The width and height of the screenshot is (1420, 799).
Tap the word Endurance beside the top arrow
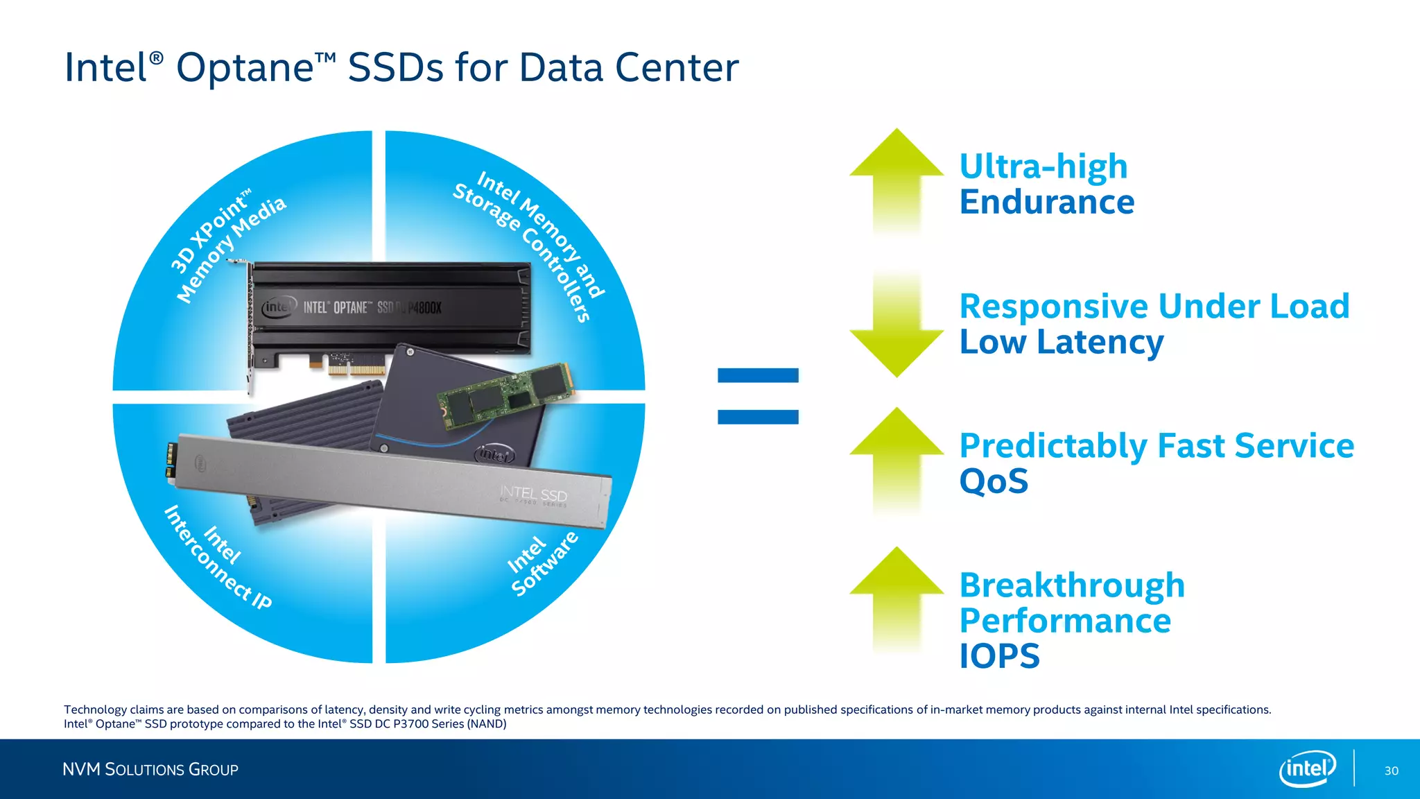coord(1046,202)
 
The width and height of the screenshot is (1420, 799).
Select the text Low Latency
coord(1061,342)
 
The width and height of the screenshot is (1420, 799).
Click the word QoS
coord(994,481)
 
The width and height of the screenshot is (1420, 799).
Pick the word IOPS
coord(999,656)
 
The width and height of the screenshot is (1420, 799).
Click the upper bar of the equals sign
coord(758,375)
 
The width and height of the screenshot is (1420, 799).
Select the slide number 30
coord(1391,771)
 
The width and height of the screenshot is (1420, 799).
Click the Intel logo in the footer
coord(1307,768)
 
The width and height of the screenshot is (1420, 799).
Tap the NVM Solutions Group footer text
coord(150,769)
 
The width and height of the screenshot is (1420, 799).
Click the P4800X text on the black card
coord(424,307)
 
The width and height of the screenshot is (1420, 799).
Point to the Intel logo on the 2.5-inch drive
coord(494,454)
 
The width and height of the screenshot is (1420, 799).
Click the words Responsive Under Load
coord(1154,306)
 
